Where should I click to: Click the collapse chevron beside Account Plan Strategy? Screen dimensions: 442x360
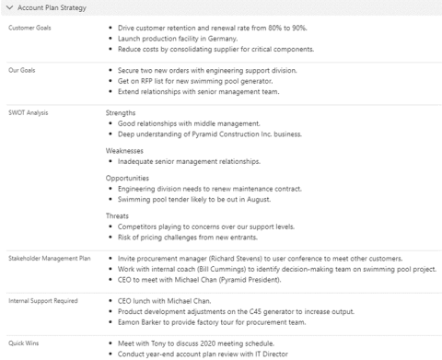point(9,8)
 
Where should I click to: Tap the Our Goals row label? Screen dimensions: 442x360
point(20,70)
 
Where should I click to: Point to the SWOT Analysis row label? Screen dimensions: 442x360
point(28,112)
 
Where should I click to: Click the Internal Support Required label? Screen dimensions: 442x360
point(41,300)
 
